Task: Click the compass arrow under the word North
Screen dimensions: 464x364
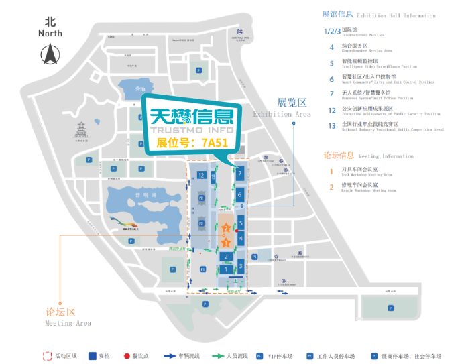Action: pos(50,54)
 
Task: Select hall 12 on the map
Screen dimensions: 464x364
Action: pos(201,176)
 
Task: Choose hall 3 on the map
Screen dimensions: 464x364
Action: pos(241,266)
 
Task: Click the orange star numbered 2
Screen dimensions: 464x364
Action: pos(225,229)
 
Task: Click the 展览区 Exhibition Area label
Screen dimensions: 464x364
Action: pos(292,107)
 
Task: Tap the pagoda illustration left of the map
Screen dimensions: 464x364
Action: pos(80,131)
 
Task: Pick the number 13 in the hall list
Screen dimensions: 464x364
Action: pos(331,125)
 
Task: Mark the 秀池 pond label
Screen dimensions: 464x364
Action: pos(140,88)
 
